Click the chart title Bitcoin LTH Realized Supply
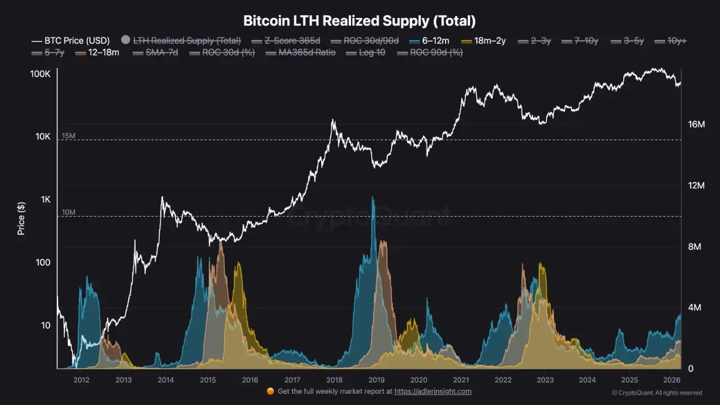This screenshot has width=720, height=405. pyautogui.click(x=359, y=21)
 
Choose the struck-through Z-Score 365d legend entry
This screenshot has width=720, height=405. pyautogui.click(x=293, y=40)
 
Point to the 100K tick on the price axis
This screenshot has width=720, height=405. pyautogui.click(x=40, y=74)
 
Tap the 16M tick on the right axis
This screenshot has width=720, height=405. pyautogui.click(x=696, y=124)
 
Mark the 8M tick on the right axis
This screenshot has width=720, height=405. pyautogui.click(x=696, y=246)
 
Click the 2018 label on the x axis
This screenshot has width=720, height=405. pyautogui.click(x=334, y=380)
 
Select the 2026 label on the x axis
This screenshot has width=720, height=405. pyautogui.click(x=672, y=380)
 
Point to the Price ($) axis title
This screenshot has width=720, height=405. pyautogui.click(x=21, y=218)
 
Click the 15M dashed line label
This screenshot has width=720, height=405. pyautogui.click(x=69, y=136)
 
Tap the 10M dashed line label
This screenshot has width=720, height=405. pyautogui.click(x=69, y=212)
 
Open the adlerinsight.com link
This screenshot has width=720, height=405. pyautogui.click(x=433, y=391)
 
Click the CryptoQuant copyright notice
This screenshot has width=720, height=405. pyautogui.click(x=656, y=393)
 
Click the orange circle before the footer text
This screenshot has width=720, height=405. pyautogui.click(x=270, y=391)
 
